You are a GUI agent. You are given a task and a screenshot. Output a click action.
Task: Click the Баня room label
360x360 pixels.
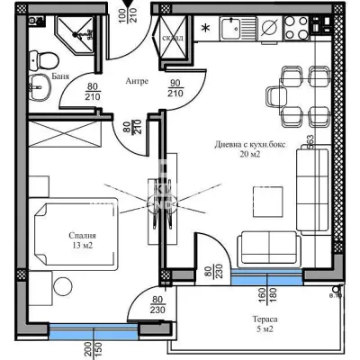37,76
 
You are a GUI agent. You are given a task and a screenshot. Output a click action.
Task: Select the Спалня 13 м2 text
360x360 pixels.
82,241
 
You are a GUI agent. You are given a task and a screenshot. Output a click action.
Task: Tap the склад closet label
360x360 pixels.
173,38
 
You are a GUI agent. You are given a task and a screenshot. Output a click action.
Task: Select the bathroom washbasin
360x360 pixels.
40,92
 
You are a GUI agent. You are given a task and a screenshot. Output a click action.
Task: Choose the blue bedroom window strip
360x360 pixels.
86,330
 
